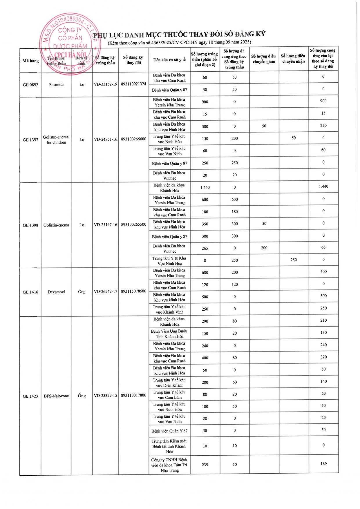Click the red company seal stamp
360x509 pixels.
click(x=68, y=44)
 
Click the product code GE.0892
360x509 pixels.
click(x=30, y=85)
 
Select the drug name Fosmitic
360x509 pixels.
click(x=56, y=85)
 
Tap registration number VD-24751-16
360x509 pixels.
click(x=105, y=139)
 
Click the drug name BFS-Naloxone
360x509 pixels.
click(x=56, y=396)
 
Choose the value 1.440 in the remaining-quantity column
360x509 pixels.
click(x=323, y=186)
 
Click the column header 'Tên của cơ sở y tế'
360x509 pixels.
click(x=169, y=60)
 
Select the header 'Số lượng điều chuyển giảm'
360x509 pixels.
click(x=264, y=59)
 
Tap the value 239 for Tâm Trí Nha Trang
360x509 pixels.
click(x=205, y=465)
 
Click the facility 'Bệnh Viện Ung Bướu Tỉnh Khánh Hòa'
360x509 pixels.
click(x=169, y=334)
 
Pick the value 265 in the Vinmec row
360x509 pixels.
click(x=205, y=248)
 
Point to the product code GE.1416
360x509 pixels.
click(x=30, y=292)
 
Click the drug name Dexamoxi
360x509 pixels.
click(x=56, y=292)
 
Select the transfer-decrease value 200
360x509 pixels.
click(x=264, y=248)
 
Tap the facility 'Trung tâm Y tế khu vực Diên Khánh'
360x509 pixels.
click(x=169, y=383)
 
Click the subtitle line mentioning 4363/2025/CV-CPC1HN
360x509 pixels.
click(x=179, y=42)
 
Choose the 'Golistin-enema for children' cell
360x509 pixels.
click(x=56, y=140)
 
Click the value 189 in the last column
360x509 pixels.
click(x=323, y=464)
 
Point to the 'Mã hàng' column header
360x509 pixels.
click(x=30, y=61)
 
